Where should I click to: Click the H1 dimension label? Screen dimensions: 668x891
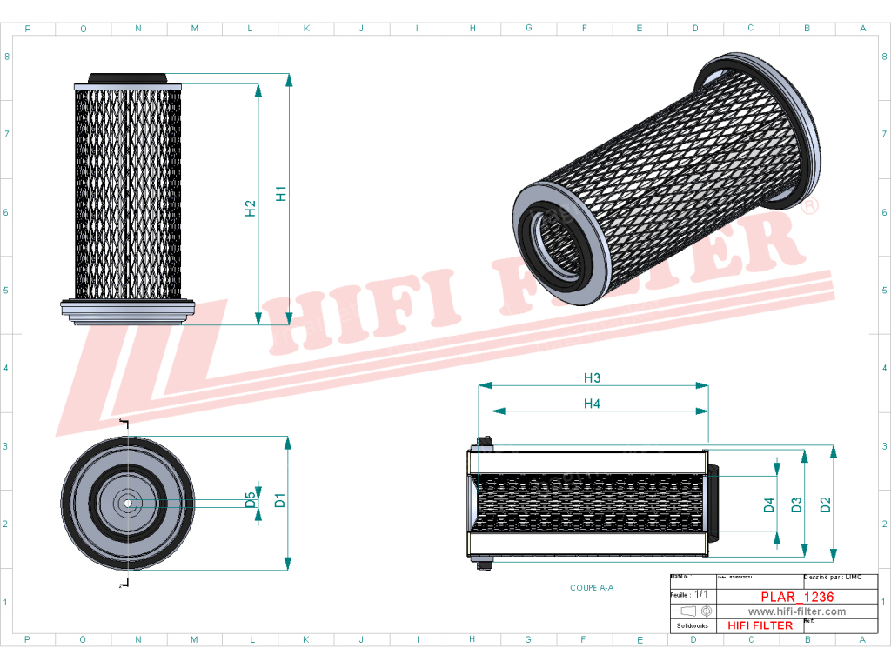tap(281, 193)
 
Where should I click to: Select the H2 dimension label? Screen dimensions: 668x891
tap(251, 208)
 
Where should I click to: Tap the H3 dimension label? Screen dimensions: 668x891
tap(592, 377)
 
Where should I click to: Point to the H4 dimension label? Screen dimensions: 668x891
tap(592, 404)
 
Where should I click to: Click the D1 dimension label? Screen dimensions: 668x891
tap(280, 500)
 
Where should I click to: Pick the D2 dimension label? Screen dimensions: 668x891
tap(826, 504)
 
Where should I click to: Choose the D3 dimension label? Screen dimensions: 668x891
tap(796, 504)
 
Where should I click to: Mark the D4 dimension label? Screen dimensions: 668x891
tap(769, 504)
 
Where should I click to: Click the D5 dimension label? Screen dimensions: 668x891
tap(251, 499)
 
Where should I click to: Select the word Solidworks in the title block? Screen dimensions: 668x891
tap(693, 625)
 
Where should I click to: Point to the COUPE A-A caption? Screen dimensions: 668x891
tap(592, 588)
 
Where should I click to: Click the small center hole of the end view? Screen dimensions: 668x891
tap(127, 501)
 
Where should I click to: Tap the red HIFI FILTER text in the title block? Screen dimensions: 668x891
tap(760, 625)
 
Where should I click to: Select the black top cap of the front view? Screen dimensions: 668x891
tap(127, 77)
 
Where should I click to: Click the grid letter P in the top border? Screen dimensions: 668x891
tap(28, 29)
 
